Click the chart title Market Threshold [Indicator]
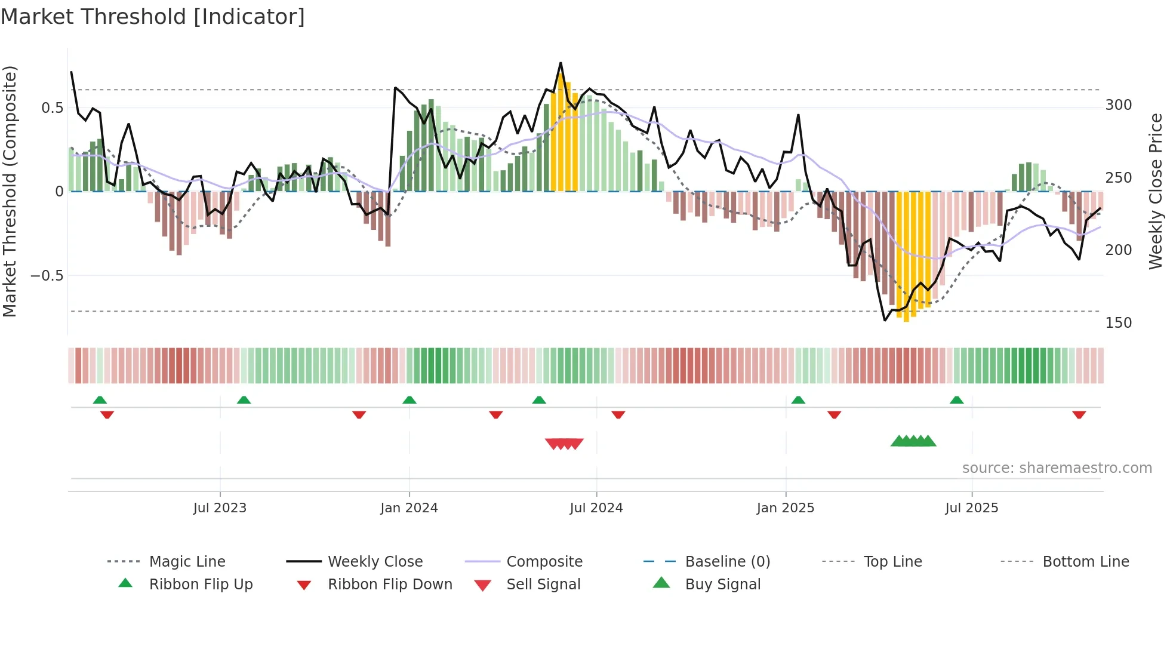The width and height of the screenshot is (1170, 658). pyautogui.click(x=153, y=17)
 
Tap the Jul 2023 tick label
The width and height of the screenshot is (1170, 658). pyautogui.click(x=220, y=508)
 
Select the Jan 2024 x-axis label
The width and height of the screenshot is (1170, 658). pyautogui.click(x=409, y=508)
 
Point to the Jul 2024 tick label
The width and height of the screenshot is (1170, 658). pyautogui.click(x=596, y=508)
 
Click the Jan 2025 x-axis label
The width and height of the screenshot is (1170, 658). pyautogui.click(x=785, y=508)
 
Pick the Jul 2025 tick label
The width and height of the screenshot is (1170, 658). pyautogui.click(x=971, y=508)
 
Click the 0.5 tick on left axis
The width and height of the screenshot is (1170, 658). pyautogui.click(x=52, y=108)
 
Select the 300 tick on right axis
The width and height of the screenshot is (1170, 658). pyautogui.click(x=1118, y=105)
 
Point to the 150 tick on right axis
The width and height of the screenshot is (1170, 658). pyautogui.click(x=1118, y=323)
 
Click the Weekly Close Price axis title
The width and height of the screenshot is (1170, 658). pyautogui.click(x=1156, y=191)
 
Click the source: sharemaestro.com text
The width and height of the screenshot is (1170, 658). pyautogui.click(x=1057, y=468)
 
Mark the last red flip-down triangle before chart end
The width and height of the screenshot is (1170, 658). pyautogui.click(x=1079, y=414)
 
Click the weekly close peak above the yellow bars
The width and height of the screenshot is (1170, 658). pyautogui.click(x=561, y=63)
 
